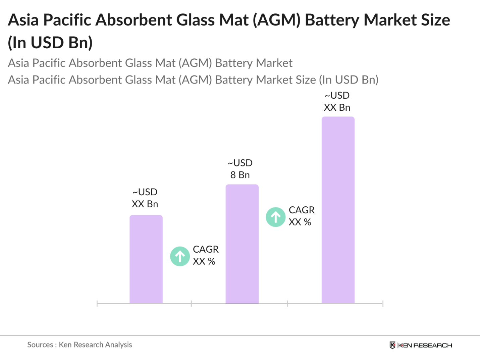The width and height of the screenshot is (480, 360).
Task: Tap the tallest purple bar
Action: pyautogui.click(x=338, y=210)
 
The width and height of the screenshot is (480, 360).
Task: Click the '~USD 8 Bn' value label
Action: pyautogui.click(x=240, y=169)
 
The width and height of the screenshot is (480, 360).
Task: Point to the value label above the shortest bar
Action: pyautogui.click(x=145, y=198)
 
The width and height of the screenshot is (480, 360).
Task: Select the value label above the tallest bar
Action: pyautogui.click(x=337, y=101)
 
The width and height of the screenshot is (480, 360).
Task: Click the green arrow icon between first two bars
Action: pyautogui.click(x=180, y=256)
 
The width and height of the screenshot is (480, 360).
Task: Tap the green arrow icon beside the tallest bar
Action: pyautogui.click(x=276, y=217)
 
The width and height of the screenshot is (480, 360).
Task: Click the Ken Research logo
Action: pyautogui.click(x=421, y=345)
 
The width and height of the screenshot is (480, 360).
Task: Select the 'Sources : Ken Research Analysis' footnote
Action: pyautogui.click(x=79, y=345)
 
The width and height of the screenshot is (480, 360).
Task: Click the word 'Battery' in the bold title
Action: pyautogui.click(x=332, y=20)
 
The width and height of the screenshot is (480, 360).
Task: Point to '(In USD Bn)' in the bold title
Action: pyautogui.click(x=50, y=43)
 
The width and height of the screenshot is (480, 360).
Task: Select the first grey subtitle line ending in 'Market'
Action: pyautogui.click(x=150, y=63)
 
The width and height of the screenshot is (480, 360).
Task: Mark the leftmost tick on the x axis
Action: pyautogui.click(x=97, y=304)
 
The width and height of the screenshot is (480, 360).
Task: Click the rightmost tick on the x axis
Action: pyautogui.click(x=383, y=304)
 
